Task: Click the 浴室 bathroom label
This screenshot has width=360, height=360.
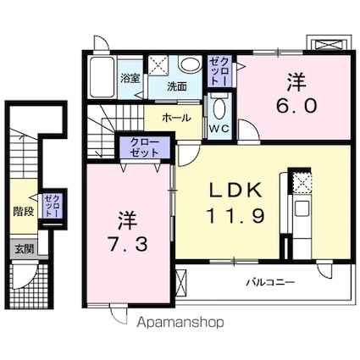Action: (130, 79)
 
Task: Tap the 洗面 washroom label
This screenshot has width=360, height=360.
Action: (176, 86)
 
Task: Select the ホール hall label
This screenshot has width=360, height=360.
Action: (175, 118)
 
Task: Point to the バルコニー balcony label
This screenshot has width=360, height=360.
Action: (271, 282)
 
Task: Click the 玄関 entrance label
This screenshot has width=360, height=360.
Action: (23, 248)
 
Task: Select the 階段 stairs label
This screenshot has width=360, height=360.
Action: (23, 211)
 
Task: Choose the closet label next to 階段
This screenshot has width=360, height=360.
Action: (52, 207)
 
